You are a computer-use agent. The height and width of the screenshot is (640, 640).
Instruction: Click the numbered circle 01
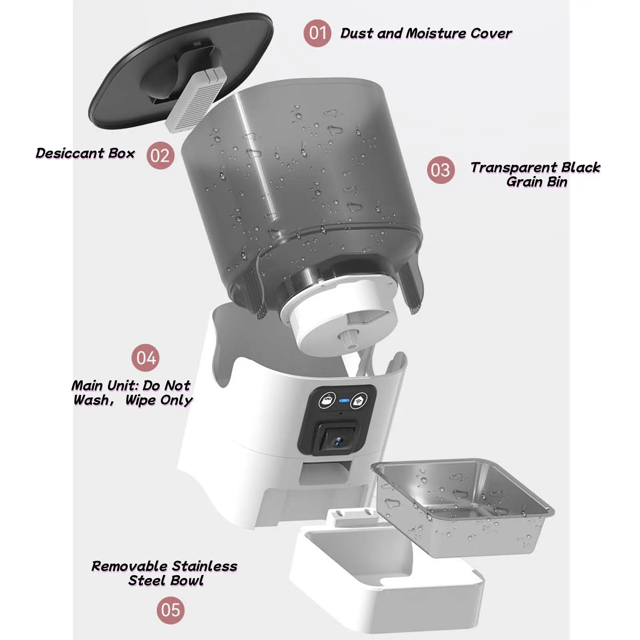coord(317,33)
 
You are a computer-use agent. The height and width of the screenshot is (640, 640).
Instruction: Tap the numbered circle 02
coord(160,155)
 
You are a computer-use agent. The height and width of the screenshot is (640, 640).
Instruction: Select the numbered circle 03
coord(441,170)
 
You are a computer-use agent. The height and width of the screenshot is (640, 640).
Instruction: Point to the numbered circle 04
coord(146,358)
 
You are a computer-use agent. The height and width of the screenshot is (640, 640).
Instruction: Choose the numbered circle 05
coord(171,610)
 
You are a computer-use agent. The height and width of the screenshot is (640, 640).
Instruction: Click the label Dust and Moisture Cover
coord(426,33)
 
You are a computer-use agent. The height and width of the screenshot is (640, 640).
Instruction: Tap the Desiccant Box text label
coord(85,153)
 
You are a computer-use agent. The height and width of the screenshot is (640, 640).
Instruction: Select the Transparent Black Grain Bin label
coord(536,174)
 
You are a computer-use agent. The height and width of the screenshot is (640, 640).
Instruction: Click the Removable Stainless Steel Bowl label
coord(164,573)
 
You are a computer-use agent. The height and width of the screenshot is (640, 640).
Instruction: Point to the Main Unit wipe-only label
coord(132,393)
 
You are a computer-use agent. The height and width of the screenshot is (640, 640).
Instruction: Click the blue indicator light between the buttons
coord(344,400)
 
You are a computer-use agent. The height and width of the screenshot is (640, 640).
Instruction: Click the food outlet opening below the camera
coord(326,474)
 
